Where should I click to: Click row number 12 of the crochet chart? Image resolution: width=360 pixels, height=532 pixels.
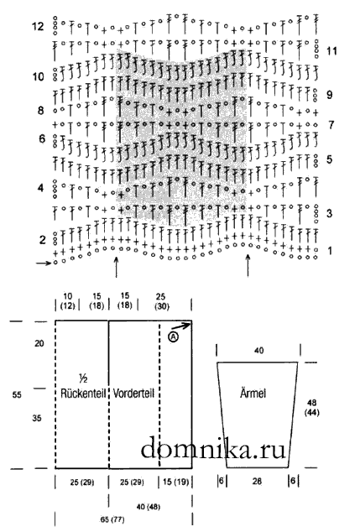click(x=38, y=26)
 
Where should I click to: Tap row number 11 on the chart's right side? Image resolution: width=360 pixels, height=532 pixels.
click(x=331, y=51)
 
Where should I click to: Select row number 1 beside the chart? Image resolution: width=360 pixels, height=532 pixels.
click(x=330, y=251)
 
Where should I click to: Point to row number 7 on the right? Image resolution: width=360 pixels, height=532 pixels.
click(x=331, y=125)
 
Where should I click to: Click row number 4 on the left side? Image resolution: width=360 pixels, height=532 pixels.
click(x=41, y=188)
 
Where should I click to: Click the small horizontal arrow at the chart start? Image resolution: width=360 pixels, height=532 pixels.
click(x=44, y=263)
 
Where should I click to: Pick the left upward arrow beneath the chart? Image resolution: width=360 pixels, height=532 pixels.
click(x=116, y=268)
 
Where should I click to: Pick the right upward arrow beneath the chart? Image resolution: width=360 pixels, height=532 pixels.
click(x=248, y=266)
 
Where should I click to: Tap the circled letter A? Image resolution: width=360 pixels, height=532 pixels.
click(x=173, y=337)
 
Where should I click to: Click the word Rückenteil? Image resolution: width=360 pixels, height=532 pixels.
click(x=83, y=394)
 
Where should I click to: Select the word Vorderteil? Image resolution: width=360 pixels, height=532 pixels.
click(x=133, y=394)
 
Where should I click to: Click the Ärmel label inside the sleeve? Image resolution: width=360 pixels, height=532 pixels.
click(x=253, y=394)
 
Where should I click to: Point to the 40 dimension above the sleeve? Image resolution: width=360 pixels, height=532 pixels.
click(x=258, y=350)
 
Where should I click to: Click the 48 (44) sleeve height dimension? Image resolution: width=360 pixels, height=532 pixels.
click(x=311, y=407)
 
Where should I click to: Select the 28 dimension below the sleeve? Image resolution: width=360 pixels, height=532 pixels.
click(x=257, y=481)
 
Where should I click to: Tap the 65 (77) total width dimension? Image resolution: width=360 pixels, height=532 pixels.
click(x=112, y=519)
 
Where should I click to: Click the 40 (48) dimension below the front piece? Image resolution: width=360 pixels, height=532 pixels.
click(x=149, y=507)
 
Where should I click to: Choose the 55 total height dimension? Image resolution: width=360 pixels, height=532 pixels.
click(x=17, y=394)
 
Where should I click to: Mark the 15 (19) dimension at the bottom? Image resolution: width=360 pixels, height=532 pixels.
click(x=175, y=482)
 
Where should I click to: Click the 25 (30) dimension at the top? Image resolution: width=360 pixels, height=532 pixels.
click(x=162, y=301)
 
